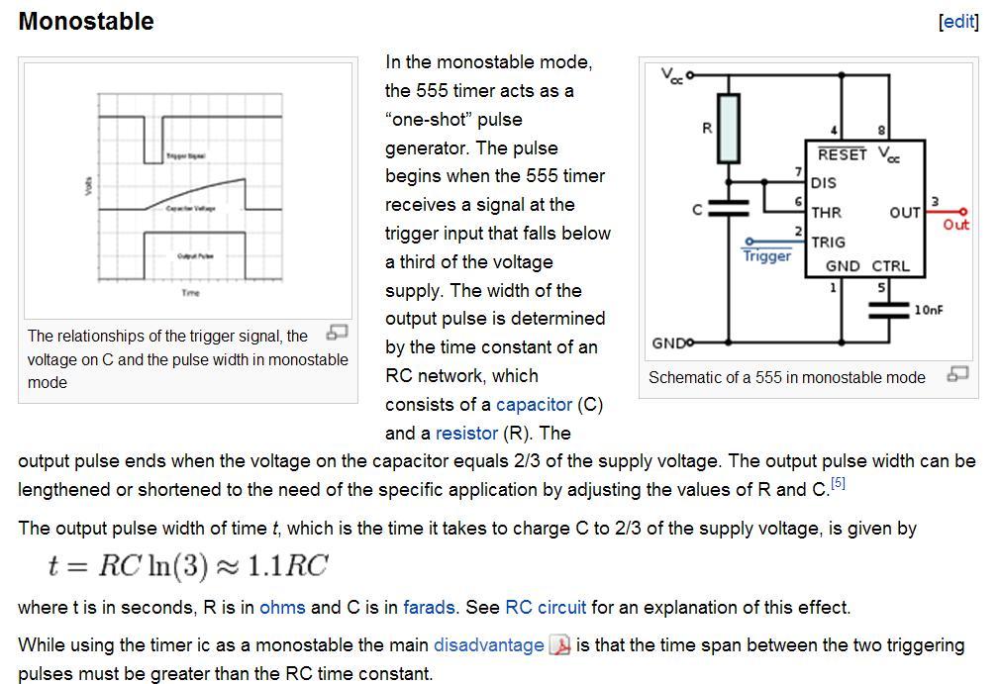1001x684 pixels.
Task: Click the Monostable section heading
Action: (86, 21)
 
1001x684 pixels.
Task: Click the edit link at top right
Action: (957, 21)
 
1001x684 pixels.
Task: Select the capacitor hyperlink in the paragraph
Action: (534, 404)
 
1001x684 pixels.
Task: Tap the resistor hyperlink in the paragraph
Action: (466, 433)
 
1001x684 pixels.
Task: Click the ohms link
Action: (282, 607)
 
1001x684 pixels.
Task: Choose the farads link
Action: (429, 607)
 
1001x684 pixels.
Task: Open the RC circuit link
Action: (546, 607)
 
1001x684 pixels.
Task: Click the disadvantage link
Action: (489, 644)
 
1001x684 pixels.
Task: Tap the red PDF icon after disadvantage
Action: (560, 645)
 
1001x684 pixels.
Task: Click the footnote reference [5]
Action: (838, 483)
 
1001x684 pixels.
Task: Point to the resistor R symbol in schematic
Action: (728, 128)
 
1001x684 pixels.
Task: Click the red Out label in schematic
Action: (955, 225)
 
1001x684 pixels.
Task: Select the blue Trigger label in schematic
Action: (766, 256)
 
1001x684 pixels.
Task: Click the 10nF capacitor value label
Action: (928, 310)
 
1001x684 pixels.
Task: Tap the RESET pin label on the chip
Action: (842, 155)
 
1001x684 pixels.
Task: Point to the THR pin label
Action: (826, 212)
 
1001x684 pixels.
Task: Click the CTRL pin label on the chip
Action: (890, 266)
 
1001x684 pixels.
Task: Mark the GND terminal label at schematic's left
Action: (668, 342)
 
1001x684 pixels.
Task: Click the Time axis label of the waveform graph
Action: (190, 293)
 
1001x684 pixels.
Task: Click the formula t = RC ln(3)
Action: (187, 565)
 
